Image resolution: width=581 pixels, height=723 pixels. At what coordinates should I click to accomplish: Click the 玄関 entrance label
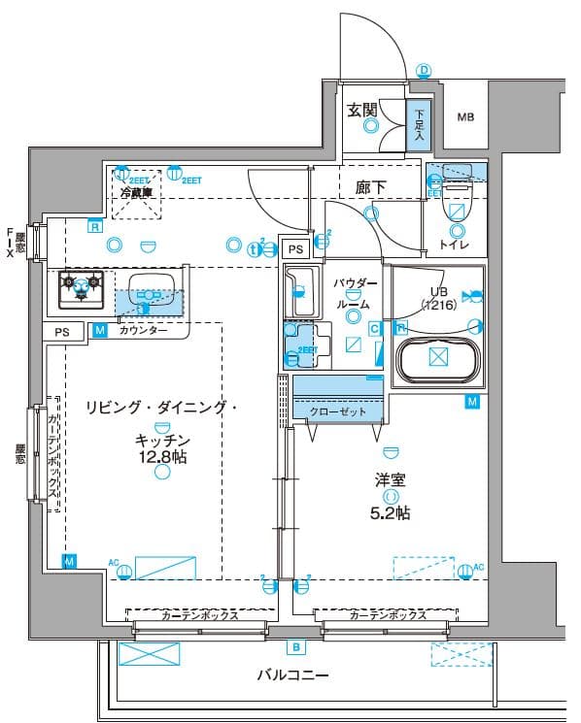(363, 110)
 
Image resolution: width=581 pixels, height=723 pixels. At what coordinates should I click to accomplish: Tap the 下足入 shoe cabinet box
(419, 123)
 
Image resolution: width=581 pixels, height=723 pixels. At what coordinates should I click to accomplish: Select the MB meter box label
(466, 118)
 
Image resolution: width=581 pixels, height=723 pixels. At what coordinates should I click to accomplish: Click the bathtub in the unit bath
(437, 357)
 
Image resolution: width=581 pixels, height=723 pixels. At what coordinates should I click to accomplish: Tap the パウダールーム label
(354, 292)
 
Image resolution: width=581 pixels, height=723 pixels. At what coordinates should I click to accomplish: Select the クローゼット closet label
(338, 411)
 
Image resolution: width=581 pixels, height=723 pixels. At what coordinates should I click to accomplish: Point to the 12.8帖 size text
(161, 457)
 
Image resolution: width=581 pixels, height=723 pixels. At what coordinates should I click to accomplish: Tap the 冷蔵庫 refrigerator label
(136, 193)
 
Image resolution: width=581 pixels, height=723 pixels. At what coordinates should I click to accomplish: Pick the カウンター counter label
(143, 331)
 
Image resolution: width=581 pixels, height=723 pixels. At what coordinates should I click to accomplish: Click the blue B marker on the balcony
(293, 646)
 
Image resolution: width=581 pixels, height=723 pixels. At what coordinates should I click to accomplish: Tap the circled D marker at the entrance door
(424, 70)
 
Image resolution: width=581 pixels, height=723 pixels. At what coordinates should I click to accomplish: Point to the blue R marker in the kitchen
(94, 226)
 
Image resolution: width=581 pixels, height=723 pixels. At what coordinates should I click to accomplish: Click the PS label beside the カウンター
(62, 331)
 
